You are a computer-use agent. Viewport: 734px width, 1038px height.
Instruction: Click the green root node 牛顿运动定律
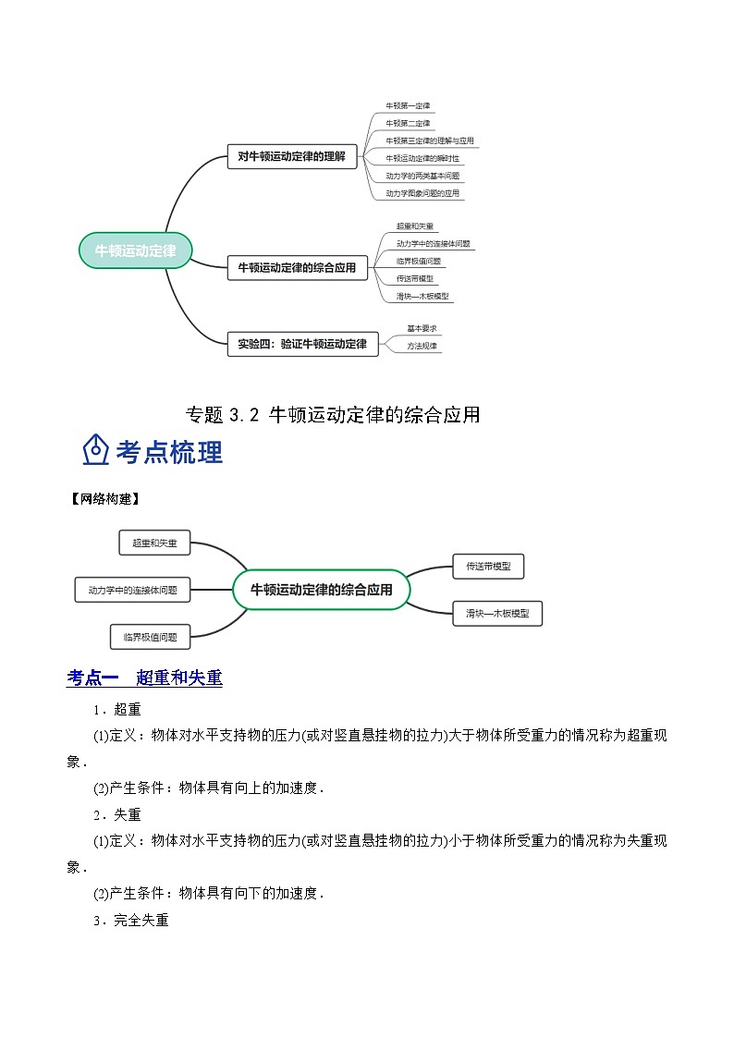pyautogui.click(x=135, y=250)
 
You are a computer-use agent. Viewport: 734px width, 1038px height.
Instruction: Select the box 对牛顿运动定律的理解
pyautogui.click(x=291, y=157)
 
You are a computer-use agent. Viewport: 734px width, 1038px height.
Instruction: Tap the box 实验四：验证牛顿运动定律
pyautogui.click(x=302, y=344)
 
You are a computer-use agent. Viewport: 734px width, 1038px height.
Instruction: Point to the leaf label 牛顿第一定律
pyautogui.click(x=408, y=106)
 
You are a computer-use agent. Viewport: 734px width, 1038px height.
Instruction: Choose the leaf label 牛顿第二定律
pyautogui.click(x=408, y=123)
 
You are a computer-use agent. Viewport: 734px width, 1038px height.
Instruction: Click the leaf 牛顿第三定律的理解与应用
pyautogui.click(x=429, y=140)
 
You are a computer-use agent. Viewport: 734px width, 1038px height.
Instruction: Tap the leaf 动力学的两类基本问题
pyautogui.click(x=422, y=176)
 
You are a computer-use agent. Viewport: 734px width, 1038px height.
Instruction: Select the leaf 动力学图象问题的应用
pyautogui.click(x=422, y=193)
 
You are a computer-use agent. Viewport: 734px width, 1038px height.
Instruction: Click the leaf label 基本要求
pyautogui.click(x=422, y=328)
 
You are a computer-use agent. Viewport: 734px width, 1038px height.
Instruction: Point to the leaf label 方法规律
pyautogui.click(x=422, y=346)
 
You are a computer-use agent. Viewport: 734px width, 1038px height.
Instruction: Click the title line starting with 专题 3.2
pyautogui.click(x=333, y=415)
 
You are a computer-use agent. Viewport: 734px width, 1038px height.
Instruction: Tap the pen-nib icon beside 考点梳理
pyautogui.click(x=96, y=451)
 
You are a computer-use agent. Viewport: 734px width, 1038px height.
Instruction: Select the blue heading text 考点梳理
pyautogui.click(x=169, y=452)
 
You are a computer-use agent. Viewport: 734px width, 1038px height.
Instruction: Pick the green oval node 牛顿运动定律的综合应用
pyautogui.click(x=321, y=590)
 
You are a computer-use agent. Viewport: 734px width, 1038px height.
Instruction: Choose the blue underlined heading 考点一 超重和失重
pyautogui.click(x=144, y=678)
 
